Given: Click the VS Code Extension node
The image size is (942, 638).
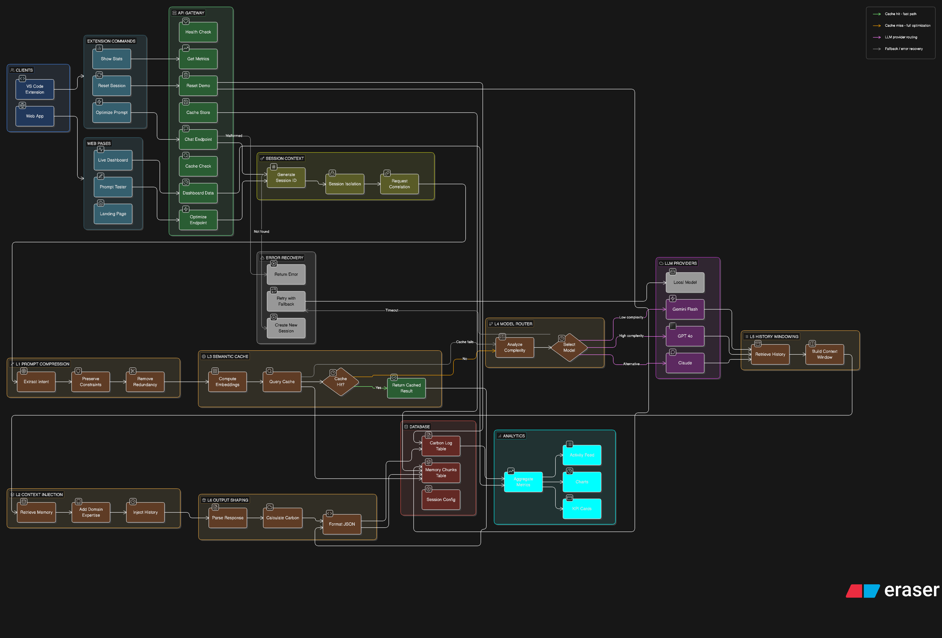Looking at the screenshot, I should click(35, 89).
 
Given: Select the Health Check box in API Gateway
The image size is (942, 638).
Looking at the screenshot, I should click(198, 32).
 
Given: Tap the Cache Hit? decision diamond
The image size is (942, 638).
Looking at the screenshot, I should click(340, 382).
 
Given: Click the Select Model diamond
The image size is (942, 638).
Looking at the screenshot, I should click(569, 347).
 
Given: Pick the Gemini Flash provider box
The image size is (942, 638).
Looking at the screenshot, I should click(685, 309).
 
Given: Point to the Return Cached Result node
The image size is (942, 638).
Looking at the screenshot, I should click(406, 388).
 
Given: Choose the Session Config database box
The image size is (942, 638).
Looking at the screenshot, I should click(441, 500).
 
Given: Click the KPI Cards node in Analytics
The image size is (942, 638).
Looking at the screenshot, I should click(582, 509).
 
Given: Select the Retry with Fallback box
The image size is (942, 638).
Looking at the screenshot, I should click(286, 301).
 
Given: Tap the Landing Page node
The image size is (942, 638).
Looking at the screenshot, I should click(113, 214).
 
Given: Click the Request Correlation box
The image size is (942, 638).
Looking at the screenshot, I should click(399, 184).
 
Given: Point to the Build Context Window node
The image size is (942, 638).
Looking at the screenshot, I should click(824, 354).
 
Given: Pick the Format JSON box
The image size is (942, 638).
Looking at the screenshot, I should click(342, 524).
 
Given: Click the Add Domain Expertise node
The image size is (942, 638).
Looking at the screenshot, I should click(91, 512).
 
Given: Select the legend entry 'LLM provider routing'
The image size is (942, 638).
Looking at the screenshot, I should click(901, 37).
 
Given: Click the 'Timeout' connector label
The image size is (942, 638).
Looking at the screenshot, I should click(392, 310).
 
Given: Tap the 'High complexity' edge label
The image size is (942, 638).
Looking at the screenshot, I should click(631, 336).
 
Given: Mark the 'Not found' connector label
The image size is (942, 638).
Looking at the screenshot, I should click(262, 232).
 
